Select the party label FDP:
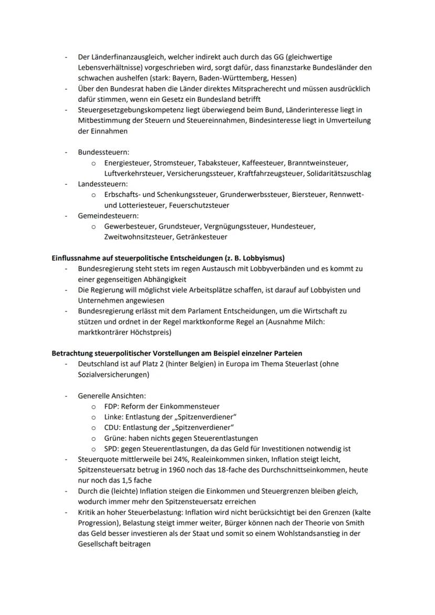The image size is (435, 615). pos(112,406)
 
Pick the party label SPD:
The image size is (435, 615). pos(112,449)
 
